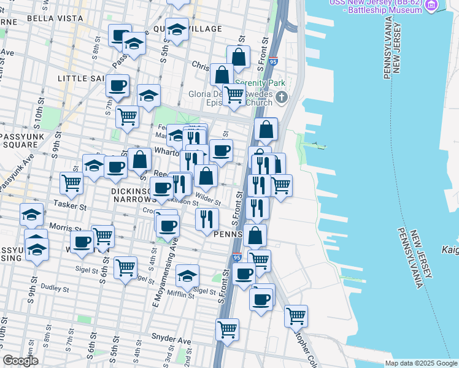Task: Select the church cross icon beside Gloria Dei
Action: click(x=282, y=97)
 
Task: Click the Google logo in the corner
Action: click(x=20, y=361)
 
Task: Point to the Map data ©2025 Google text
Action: click(x=421, y=363)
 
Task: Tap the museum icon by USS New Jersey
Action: click(x=432, y=6)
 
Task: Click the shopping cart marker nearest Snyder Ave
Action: click(x=227, y=329)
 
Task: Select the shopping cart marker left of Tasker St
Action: click(x=71, y=182)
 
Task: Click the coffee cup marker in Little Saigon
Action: click(x=117, y=85)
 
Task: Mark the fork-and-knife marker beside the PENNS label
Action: click(x=207, y=218)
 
